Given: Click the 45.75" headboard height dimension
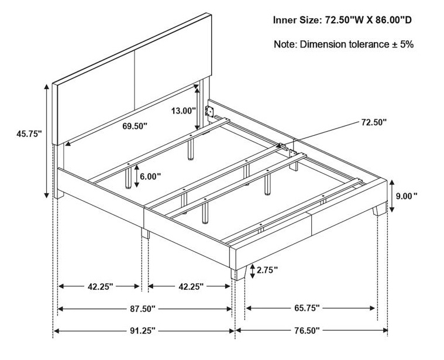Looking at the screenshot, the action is point(29,134).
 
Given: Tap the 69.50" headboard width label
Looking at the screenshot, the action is point(135,126).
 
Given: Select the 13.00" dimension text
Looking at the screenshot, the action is point(184,111).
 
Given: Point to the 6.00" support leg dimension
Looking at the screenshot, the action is point(150,176).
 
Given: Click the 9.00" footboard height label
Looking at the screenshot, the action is point(407,196).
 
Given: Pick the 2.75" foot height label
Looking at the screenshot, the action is point(267,270).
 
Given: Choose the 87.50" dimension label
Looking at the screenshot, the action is point(143,308).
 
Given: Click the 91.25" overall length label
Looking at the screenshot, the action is point(143,330).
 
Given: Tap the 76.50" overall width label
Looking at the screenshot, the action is point(307,330).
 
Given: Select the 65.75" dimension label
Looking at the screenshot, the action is point(307,308).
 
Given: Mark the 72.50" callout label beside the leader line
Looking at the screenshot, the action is point(374,122).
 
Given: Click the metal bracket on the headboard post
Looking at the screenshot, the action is point(209,111).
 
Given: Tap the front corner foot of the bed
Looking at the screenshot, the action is point(238,273).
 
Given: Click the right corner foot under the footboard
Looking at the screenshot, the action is point(380,209).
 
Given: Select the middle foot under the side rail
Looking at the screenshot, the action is point(145,234).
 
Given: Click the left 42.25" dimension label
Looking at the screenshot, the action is point(100,287).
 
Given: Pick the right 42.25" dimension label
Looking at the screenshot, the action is point(191,287).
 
